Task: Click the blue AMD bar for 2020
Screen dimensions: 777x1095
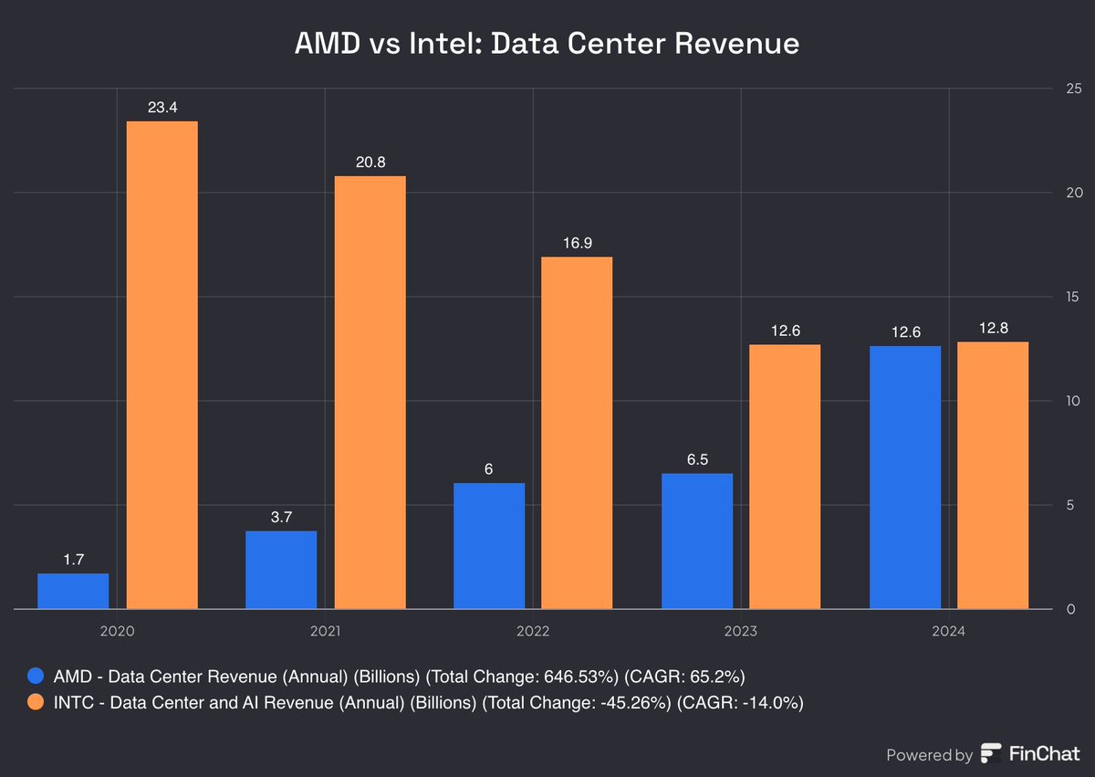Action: pyautogui.click(x=73, y=591)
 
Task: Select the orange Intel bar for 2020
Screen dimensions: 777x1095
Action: pyautogui.click(x=162, y=365)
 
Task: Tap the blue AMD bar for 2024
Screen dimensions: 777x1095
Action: pyautogui.click(x=905, y=477)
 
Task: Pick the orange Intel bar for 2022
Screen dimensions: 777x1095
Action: pyautogui.click(x=577, y=433)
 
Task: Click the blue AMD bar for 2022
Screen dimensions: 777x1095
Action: pyautogui.click(x=489, y=545)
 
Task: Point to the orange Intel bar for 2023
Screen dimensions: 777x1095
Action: pyautogui.click(x=785, y=477)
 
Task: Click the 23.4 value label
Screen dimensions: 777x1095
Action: pyautogui.click(x=162, y=108)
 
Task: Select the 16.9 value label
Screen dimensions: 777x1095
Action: pyautogui.click(x=577, y=244)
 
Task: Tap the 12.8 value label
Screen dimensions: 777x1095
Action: pyautogui.click(x=993, y=329)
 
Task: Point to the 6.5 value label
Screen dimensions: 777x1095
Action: pyautogui.click(x=697, y=459)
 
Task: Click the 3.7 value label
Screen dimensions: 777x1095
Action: pyautogui.click(x=281, y=518)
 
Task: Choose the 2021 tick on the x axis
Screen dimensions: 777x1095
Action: pyautogui.click(x=324, y=630)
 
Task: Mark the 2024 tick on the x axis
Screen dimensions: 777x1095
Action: pyautogui.click(x=948, y=630)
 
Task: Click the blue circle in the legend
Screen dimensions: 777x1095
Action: pyautogui.click(x=36, y=677)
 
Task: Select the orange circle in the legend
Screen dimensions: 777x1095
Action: pyautogui.click(x=36, y=702)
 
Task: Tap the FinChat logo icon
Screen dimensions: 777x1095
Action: pyautogui.click(x=991, y=754)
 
